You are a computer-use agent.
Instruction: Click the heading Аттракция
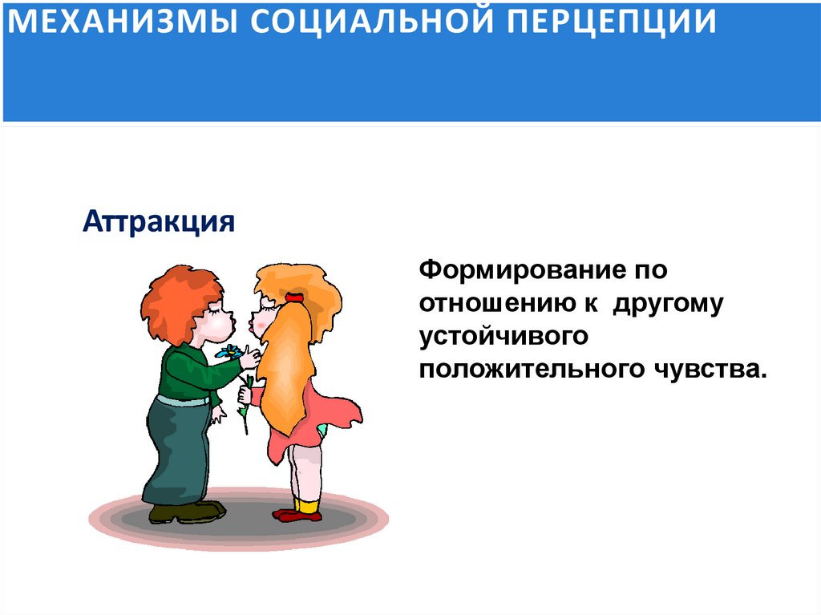(x=159, y=221)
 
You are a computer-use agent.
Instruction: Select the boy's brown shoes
(x=186, y=512)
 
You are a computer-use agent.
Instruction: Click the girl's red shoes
(x=299, y=514)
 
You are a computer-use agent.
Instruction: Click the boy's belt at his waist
(x=181, y=400)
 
